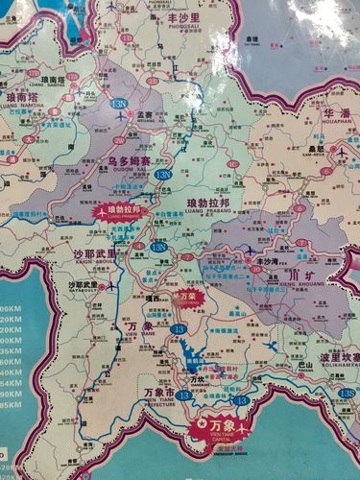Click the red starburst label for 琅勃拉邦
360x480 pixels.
coord(119,209)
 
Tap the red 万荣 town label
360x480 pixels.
coord(187,296)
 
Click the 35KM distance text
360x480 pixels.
coord(11,351)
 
